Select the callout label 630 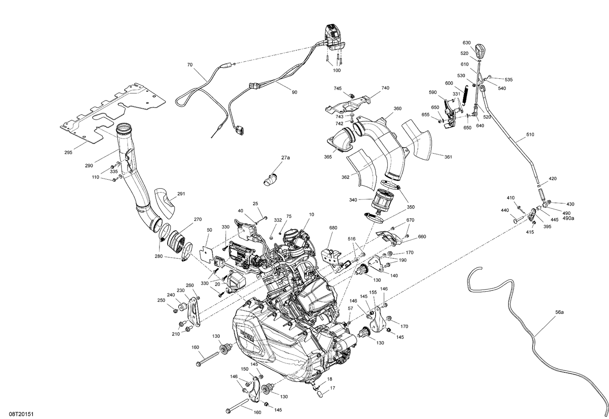[x=466, y=43]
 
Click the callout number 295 [x=68, y=153]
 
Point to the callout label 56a [x=559, y=312]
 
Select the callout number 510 [x=530, y=135]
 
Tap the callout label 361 [x=448, y=157]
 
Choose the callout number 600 [x=449, y=83]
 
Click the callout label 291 [x=181, y=193]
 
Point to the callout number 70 [x=190, y=64]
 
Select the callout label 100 [x=337, y=70]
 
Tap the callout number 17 [x=333, y=388]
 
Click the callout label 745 [x=338, y=88]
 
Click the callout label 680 [x=333, y=228]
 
